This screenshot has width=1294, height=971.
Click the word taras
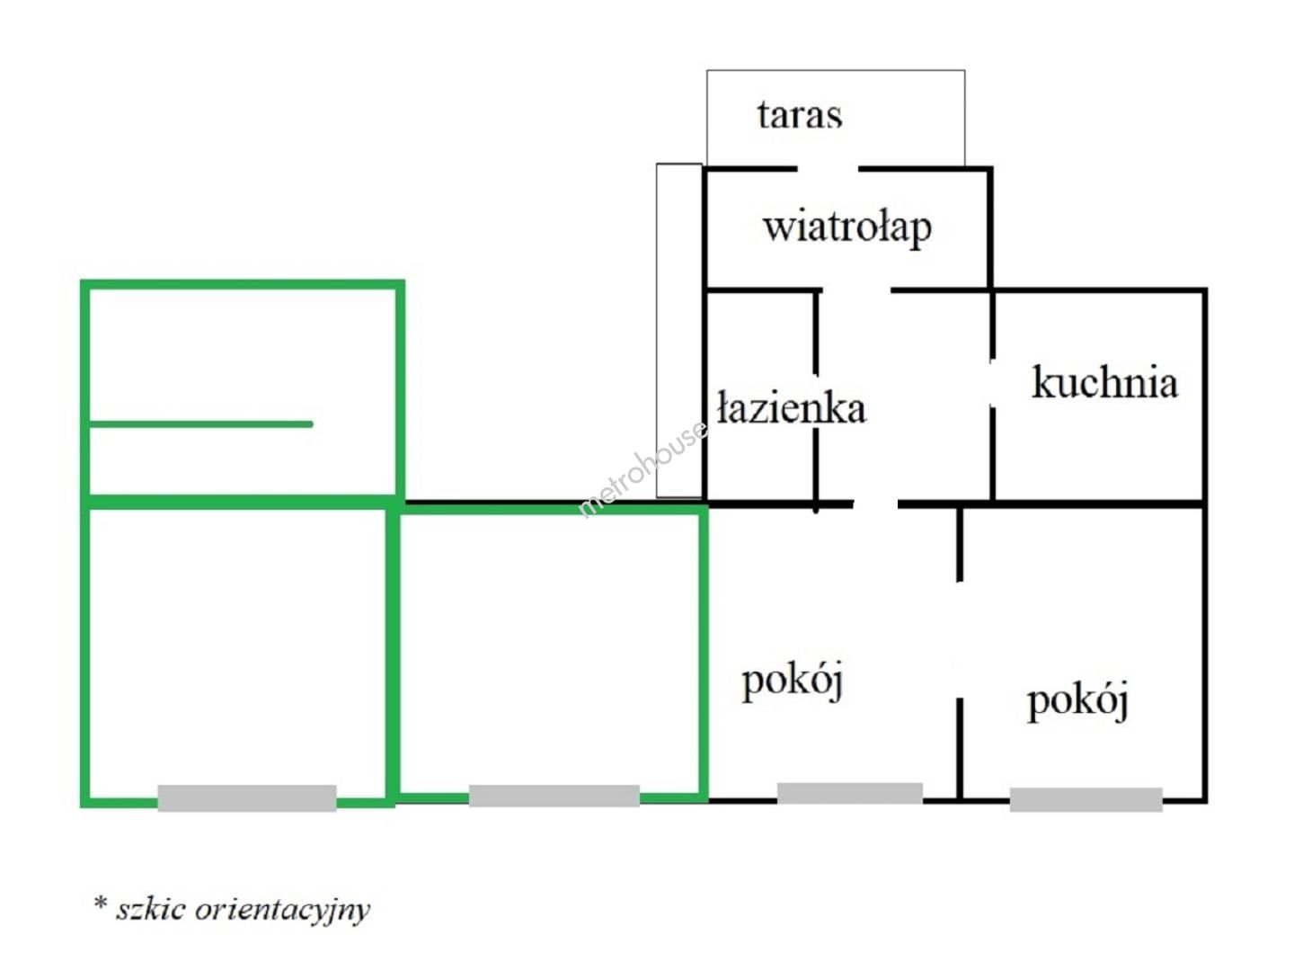click(x=799, y=115)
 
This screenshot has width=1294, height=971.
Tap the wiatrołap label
click(x=846, y=227)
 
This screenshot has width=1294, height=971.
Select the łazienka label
click(x=792, y=409)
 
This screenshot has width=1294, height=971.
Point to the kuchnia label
click(x=1104, y=382)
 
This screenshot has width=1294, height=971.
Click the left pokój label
click(x=792, y=681)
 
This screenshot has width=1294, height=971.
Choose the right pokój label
click(x=1077, y=700)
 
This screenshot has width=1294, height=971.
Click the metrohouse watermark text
click(x=642, y=470)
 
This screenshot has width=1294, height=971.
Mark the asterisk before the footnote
click(x=101, y=903)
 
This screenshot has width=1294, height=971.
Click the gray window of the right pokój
click(x=1086, y=799)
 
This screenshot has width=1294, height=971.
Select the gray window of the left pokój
click(x=849, y=793)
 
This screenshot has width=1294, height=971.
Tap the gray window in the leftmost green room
click(x=247, y=797)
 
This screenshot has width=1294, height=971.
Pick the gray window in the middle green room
click(x=554, y=796)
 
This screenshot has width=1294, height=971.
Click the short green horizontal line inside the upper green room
click(x=201, y=423)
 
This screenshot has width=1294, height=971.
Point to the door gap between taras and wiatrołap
click(x=828, y=168)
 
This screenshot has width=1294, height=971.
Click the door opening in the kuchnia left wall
click(x=992, y=384)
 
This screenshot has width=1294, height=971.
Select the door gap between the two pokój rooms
click(x=960, y=638)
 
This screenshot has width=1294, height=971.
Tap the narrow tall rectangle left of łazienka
click(x=678, y=330)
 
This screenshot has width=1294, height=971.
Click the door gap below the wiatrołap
click(x=856, y=290)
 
